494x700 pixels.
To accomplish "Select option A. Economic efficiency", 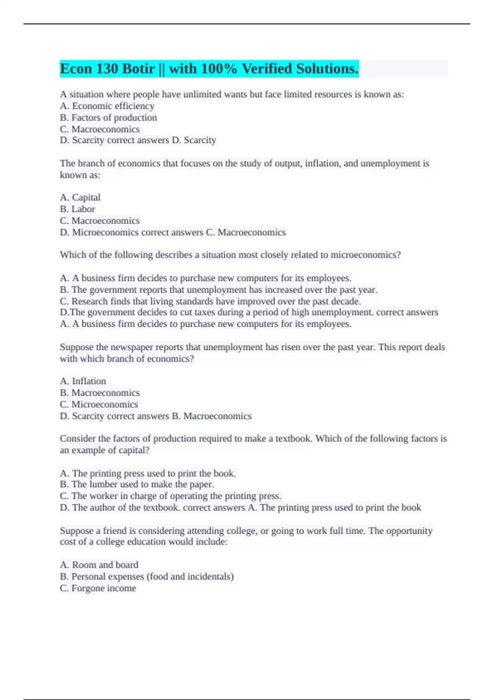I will point(107,106).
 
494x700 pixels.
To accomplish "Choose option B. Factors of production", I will point(108,117).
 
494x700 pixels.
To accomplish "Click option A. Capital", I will point(80,197).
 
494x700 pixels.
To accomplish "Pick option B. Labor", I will point(77,209).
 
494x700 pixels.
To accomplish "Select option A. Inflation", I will point(83,381).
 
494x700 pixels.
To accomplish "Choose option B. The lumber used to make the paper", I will point(137,484).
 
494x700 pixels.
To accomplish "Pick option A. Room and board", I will point(99,565).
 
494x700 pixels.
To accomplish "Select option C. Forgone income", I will point(98,588).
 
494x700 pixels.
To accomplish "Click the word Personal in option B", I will point(87,576).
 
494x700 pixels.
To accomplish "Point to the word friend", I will point(114,531).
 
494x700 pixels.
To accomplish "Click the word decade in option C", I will point(346,301).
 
